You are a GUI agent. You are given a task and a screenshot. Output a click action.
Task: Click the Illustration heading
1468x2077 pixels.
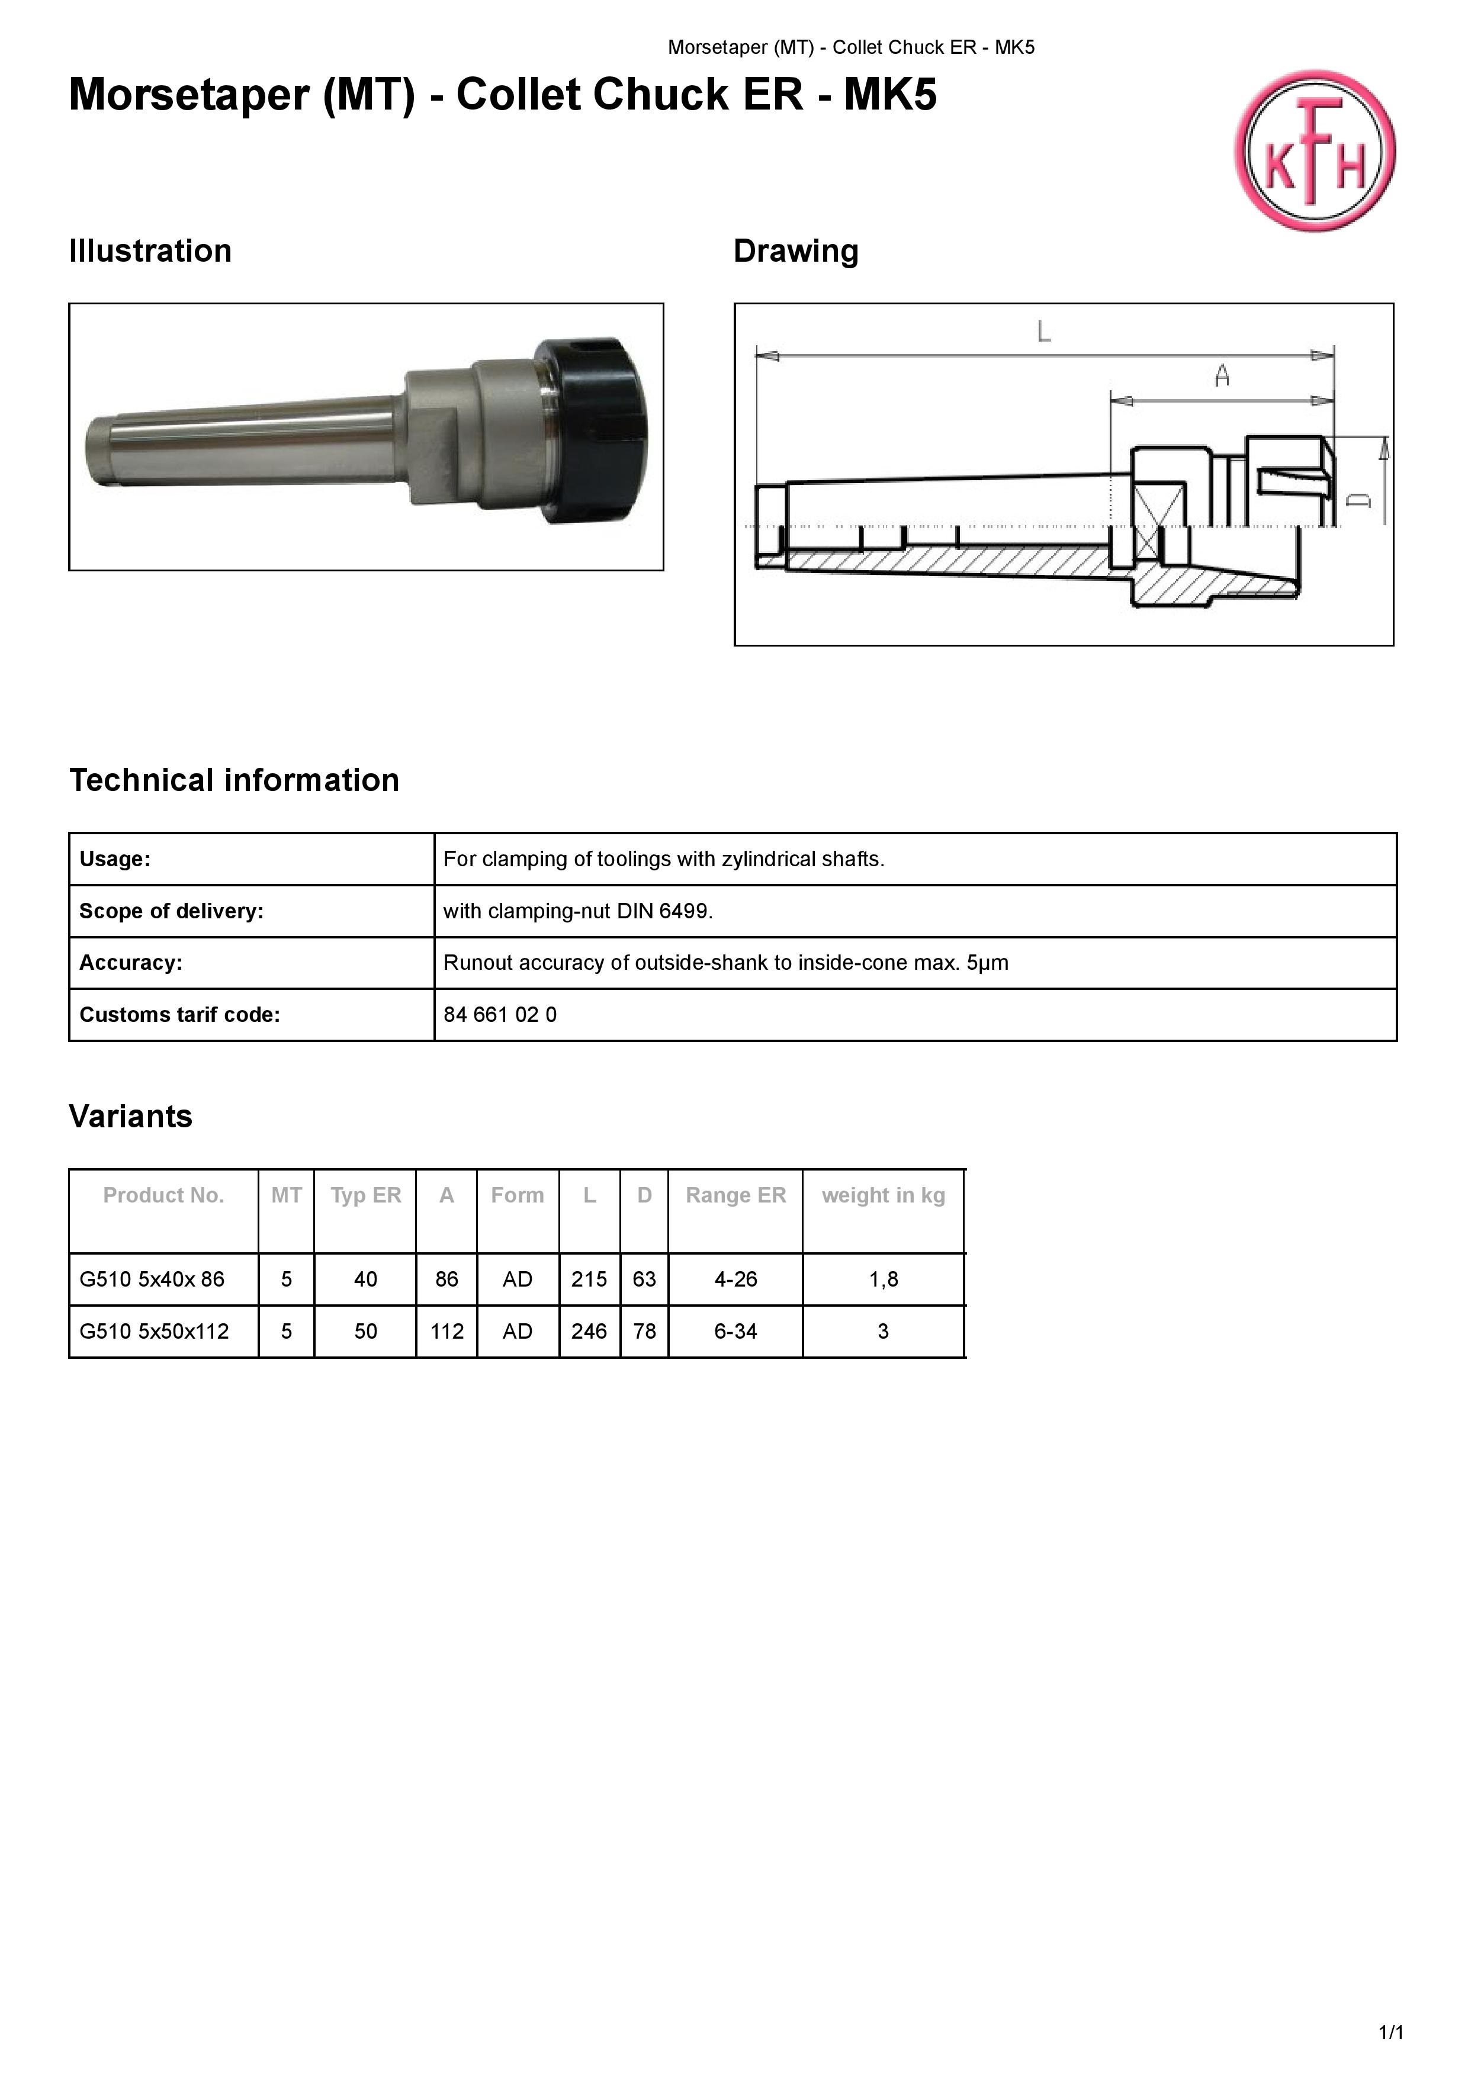point(150,250)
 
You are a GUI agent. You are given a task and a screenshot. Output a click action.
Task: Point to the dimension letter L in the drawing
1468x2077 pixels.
point(1044,332)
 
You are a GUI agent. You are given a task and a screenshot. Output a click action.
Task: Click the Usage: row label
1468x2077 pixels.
point(115,859)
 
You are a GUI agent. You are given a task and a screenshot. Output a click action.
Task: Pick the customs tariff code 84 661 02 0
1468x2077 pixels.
point(500,1014)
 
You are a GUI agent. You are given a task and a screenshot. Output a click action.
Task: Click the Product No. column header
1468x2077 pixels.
point(163,1195)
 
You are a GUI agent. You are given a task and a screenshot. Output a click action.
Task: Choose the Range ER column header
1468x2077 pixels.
point(735,1195)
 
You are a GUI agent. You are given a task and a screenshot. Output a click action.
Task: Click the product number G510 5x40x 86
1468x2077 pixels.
point(152,1279)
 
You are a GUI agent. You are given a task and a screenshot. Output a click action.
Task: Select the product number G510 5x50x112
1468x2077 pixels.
point(155,1331)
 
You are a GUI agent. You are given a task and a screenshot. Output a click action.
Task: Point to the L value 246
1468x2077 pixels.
point(589,1331)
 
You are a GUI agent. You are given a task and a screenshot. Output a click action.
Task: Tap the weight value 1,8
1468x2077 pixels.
point(884,1279)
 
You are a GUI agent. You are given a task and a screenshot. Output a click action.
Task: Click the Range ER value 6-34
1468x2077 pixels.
point(735,1331)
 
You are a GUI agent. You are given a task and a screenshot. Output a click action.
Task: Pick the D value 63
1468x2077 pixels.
point(644,1279)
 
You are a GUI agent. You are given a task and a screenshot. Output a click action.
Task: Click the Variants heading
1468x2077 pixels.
point(130,1116)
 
